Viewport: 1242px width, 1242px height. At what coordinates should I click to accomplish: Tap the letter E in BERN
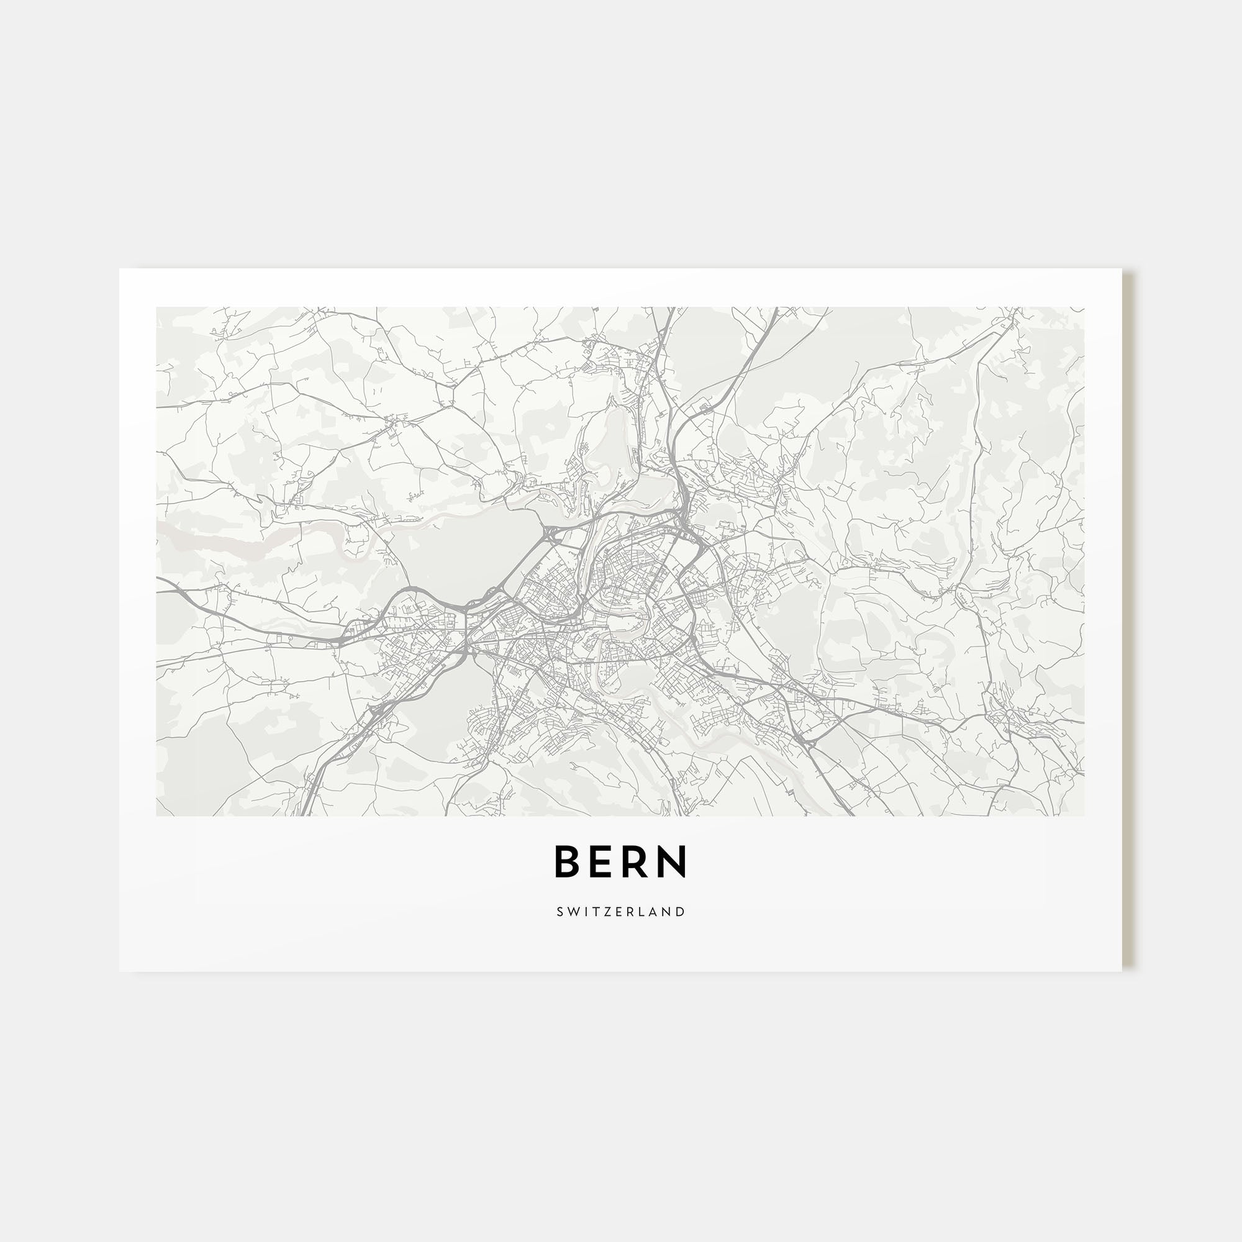(x=604, y=861)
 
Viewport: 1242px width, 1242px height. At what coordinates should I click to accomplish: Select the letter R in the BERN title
(x=637, y=861)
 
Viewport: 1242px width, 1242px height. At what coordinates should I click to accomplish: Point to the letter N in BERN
(x=673, y=861)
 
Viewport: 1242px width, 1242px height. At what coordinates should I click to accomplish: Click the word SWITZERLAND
(x=621, y=912)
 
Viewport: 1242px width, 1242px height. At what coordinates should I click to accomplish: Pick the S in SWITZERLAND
(x=560, y=912)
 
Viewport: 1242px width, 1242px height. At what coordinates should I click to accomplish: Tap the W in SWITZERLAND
(x=572, y=912)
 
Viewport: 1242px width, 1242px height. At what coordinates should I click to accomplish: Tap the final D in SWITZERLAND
(x=681, y=912)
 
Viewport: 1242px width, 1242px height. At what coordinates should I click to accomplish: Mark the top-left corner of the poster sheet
(x=120, y=269)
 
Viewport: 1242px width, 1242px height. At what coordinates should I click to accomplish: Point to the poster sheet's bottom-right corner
(x=1122, y=971)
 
